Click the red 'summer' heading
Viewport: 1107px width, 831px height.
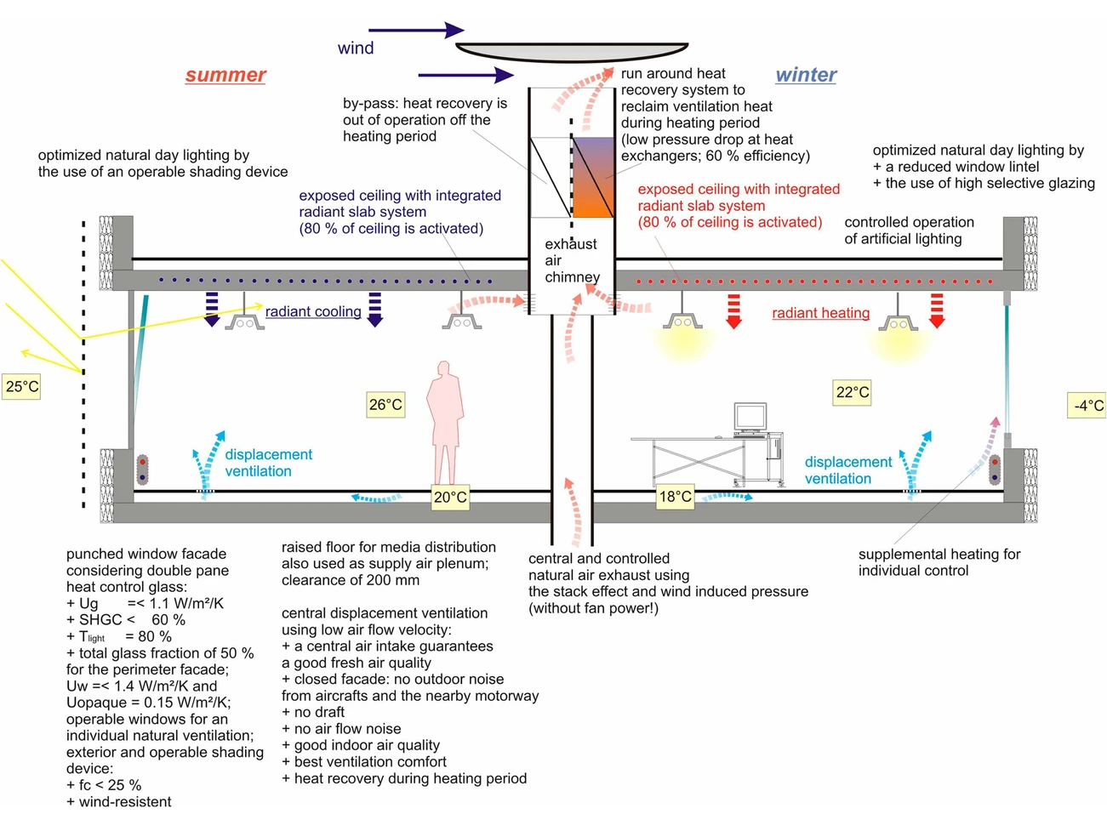(225, 76)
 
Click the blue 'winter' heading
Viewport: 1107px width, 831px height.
(806, 76)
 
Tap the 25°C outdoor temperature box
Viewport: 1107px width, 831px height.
(22, 387)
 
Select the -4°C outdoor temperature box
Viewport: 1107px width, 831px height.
(1087, 406)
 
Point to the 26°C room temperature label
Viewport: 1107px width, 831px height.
(385, 405)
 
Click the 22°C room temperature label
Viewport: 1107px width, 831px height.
(853, 392)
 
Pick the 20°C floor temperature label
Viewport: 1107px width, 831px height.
(450, 498)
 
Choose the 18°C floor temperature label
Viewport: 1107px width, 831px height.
(676, 497)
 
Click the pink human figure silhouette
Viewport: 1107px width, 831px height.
(445, 421)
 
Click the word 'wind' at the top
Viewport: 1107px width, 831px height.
(356, 48)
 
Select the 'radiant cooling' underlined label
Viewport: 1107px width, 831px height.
(313, 312)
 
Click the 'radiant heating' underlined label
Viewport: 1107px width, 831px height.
(820, 314)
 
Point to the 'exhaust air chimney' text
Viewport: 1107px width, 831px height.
(572, 260)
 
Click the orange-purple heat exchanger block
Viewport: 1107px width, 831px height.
(592, 177)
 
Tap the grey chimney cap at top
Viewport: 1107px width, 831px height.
(572, 53)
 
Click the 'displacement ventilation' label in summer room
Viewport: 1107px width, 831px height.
(268, 463)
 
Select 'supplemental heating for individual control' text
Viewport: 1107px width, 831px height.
(939, 562)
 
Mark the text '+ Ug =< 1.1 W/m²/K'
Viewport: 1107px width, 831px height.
(145, 604)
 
